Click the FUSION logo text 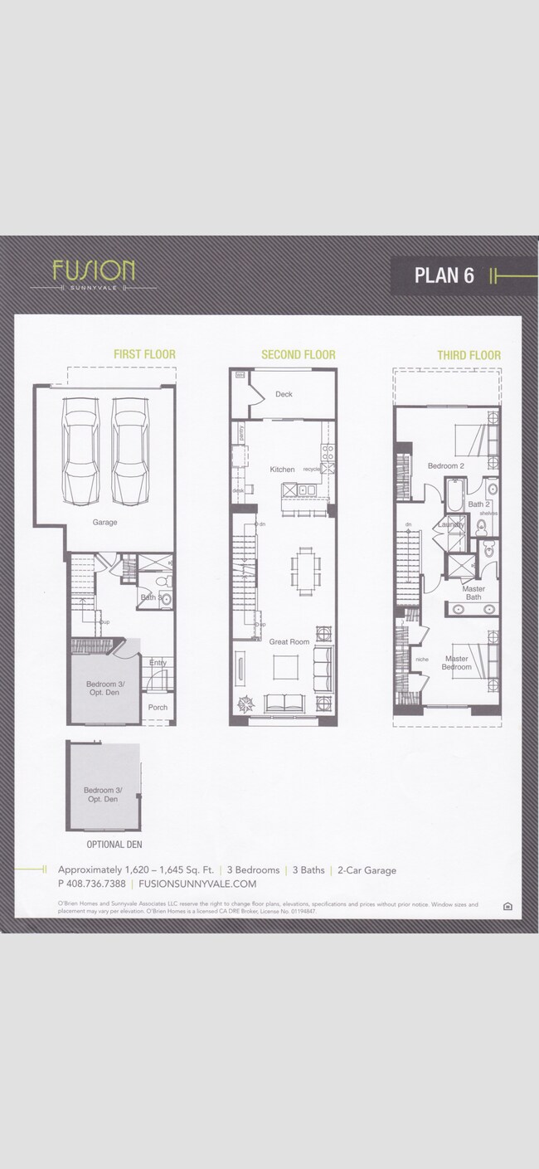pyautogui.click(x=94, y=270)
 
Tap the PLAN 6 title pyautogui.click(x=444, y=275)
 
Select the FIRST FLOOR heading pyautogui.click(x=144, y=355)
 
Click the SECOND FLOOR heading pyautogui.click(x=299, y=355)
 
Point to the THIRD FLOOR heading pyautogui.click(x=469, y=356)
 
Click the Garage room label pyautogui.click(x=104, y=523)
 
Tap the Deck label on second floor pyautogui.click(x=284, y=394)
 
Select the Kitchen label pyautogui.click(x=282, y=470)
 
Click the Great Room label pyautogui.click(x=289, y=641)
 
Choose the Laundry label pyautogui.click(x=451, y=524)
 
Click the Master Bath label pyautogui.click(x=473, y=592)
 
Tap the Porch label pyautogui.click(x=158, y=708)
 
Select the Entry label pyautogui.click(x=158, y=662)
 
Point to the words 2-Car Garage pyautogui.click(x=367, y=870)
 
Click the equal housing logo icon pyautogui.click(x=507, y=906)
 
